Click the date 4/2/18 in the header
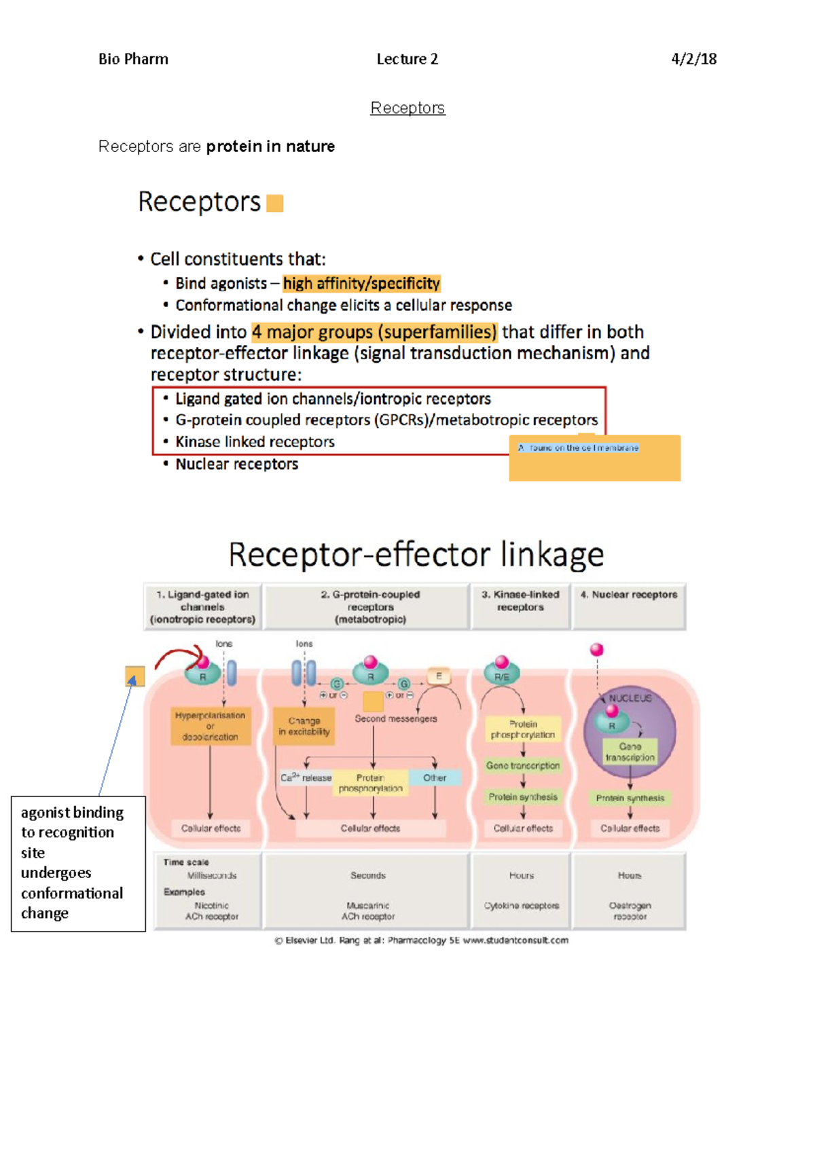[x=693, y=59]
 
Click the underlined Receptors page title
[x=407, y=108]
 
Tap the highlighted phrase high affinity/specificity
[x=361, y=283]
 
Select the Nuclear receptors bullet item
[x=236, y=464]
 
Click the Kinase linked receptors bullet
[x=255, y=442]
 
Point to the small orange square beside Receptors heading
[x=274, y=203]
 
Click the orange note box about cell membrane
[x=594, y=459]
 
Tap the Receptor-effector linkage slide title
[x=416, y=554]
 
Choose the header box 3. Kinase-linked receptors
[x=520, y=601]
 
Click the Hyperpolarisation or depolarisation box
[x=210, y=726]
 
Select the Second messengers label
[x=396, y=718]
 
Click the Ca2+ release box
[x=306, y=777]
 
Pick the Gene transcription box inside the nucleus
[x=630, y=752]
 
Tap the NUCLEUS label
[x=630, y=698]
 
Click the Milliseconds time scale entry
[x=212, y=875]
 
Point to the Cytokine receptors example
[x=522, y=906]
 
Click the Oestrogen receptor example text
[x=630, y=911]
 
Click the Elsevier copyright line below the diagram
[x=421, y=940]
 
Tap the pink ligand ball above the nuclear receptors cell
[x=597, y=650]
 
